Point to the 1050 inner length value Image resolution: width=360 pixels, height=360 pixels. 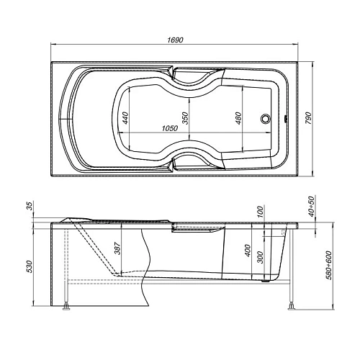[x=169, y=128]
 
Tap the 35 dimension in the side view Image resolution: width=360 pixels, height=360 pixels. [x=30, y=208]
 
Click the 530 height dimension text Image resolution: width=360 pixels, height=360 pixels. [x=30, y=266]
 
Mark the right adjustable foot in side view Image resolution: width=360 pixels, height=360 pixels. [x=292, y=308]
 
